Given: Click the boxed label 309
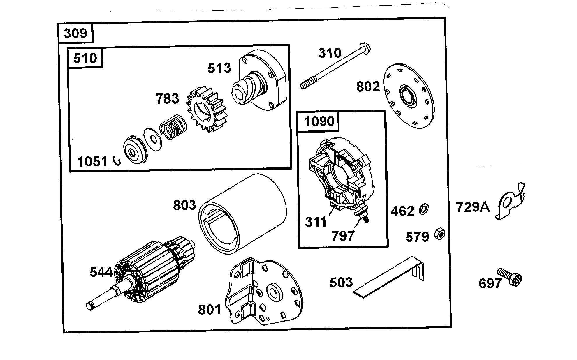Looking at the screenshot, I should (x=75, y=33).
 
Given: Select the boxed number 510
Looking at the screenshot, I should (x=85, y=58).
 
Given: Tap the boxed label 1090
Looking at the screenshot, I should (x=319, y=121).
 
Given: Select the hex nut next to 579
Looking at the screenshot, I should (x=439, y=234).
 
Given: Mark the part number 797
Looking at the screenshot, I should (x=343, y=236).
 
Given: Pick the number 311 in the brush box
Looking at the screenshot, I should (x=316, y=222).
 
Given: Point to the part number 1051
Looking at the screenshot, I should (x=92, y=161).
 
